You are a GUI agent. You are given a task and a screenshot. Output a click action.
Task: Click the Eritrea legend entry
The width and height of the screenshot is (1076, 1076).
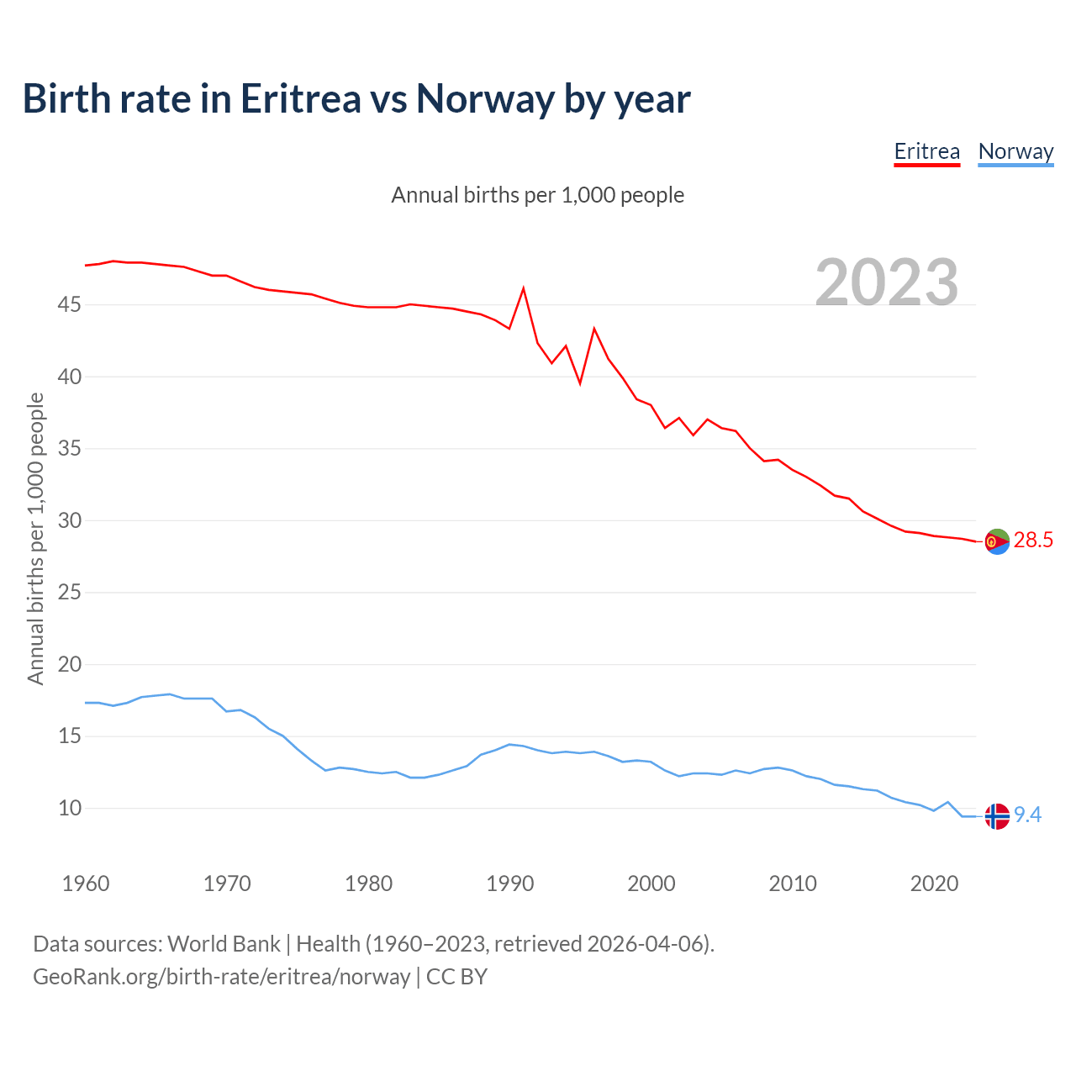[x=926, y=151]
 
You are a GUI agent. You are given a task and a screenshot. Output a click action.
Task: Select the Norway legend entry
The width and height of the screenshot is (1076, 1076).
[x=1015, y=151]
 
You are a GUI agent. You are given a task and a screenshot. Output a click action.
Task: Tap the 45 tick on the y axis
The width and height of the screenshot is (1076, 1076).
[x=69, y=304]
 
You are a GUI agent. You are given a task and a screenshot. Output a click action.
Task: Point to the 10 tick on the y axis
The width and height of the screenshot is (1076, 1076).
[x=69, y=809]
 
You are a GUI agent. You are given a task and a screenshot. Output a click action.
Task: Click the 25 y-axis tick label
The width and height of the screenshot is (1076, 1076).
[x=69, y=593]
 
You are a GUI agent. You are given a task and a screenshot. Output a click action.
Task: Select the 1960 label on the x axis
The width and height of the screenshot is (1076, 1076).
[x=86, y=883]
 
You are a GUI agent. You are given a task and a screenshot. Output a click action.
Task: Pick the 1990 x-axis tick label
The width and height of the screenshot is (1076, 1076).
[x=510, y=883]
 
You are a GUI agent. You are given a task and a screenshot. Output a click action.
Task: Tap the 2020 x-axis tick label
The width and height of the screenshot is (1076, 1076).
[x=935, y=883]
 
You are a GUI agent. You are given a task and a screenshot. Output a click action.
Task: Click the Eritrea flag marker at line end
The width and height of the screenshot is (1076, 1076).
[x=996, y=542]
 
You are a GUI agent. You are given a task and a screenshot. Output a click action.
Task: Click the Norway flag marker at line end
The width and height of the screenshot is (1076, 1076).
[x=996, y=816]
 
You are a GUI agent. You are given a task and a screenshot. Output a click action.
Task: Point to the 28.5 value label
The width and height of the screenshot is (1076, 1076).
[x=1033, y=541]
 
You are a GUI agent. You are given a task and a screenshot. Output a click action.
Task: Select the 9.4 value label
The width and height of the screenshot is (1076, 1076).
[x=1027, y=815]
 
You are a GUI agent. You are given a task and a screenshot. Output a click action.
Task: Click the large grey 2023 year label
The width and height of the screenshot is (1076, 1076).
[x=887, y=282]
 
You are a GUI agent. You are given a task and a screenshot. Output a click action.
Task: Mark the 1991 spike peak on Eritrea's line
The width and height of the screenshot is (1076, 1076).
[x=524, y=289]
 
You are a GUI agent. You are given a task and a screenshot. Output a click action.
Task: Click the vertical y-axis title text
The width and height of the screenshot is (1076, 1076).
[x=35, y=538]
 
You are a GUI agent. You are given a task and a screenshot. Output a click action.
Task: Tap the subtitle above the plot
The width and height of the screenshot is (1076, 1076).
[x=538, y=195]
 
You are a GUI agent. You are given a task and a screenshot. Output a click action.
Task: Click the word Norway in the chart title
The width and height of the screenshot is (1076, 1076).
[x=485, y=98]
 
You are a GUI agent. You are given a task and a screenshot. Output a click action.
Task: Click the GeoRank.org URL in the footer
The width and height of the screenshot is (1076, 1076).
[x=221, y=977]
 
